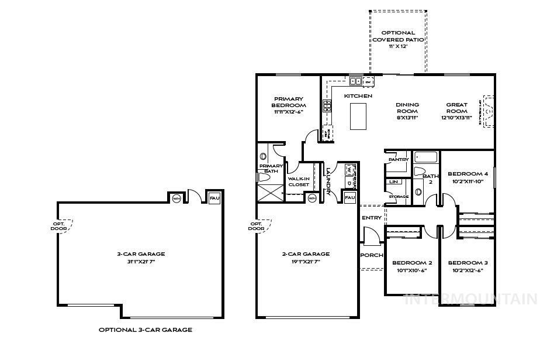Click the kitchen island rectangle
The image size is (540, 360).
tap(358, 116)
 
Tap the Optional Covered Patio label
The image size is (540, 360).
tap(398, 36)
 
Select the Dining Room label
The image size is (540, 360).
tap(407, 108)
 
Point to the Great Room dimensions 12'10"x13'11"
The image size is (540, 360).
tap(456, 118)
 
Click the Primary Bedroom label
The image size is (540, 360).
tap(289, 102)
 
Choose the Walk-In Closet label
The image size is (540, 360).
tap(298, 181)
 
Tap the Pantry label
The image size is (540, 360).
tap(398, 159)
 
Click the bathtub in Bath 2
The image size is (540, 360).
tap(426, 157)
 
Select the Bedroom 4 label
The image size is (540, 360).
tap(468, 174)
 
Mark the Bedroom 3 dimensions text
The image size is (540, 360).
tap(468, 270)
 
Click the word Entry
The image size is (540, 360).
tap(372, 218)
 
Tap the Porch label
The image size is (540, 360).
tap(372, 255)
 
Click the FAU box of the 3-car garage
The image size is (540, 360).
tap(214, 198)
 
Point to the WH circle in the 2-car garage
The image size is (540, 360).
tap(311, 198)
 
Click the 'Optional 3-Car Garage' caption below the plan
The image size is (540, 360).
tap(145, 330)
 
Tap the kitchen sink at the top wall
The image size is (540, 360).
tap(355, 81)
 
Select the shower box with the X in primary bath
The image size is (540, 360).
tap(270, 191)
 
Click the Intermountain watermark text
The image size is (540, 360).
tap(471, 299)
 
